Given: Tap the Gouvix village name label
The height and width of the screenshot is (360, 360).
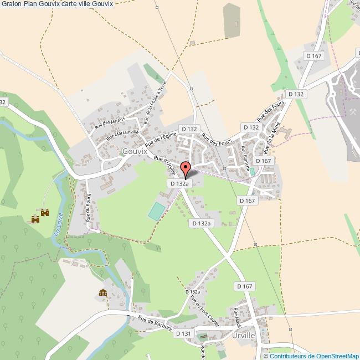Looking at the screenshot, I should click(x=135, y=151).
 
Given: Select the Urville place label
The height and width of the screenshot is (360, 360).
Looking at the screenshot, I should click(x=244, y=336).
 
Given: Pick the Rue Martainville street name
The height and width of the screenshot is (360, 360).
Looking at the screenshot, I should click(x=122, y=133).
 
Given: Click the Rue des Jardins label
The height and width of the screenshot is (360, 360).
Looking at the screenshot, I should click(x=110, y=120).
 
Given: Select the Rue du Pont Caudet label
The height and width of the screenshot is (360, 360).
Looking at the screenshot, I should click(x=204, y=311).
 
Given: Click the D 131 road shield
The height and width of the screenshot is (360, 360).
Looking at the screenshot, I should click(x=183, y=333).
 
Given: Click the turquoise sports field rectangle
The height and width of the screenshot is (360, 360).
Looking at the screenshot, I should click(x=157, y=211).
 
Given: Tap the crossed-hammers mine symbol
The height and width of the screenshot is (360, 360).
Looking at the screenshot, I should click(x=353, y=112).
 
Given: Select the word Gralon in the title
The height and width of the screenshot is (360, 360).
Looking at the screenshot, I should click(x=12, y=4).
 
